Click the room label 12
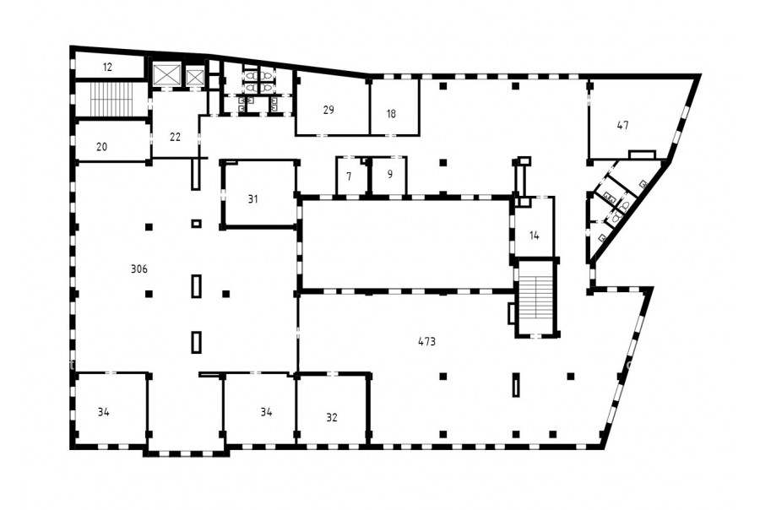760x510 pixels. [107, 68]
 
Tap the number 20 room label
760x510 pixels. [102, 146]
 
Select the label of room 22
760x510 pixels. [176, 137]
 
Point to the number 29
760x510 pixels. [328, 110]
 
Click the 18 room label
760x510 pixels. [392, 114]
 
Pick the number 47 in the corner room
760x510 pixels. [623, 125]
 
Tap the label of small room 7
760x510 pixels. [349, 176]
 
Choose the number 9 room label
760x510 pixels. [390, 174]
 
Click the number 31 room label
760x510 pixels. [253, 198]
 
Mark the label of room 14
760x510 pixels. [535, 236]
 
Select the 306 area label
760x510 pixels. [139, 269]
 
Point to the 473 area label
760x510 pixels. [427, 341]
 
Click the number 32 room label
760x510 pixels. [332, 417]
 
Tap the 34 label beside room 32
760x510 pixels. [266, 412]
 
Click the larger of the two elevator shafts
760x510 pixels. [166, 74]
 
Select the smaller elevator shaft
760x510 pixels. [195, 77]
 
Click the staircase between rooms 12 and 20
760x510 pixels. [111, 100]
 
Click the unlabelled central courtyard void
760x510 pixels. [405, 245]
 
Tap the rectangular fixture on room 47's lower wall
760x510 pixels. [643, 155]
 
